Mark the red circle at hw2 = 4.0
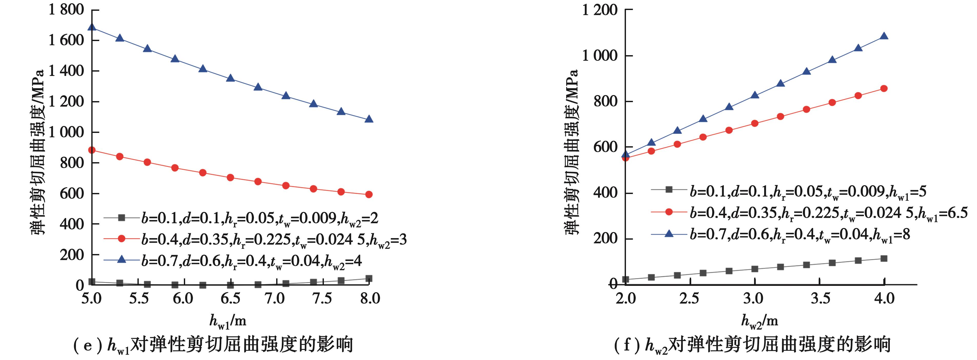coord(883,88)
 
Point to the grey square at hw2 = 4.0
coord(883,259)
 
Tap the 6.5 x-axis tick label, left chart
coord(230,298)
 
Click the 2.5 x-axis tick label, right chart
coord(689,298)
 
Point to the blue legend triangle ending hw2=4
coord(121,259)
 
